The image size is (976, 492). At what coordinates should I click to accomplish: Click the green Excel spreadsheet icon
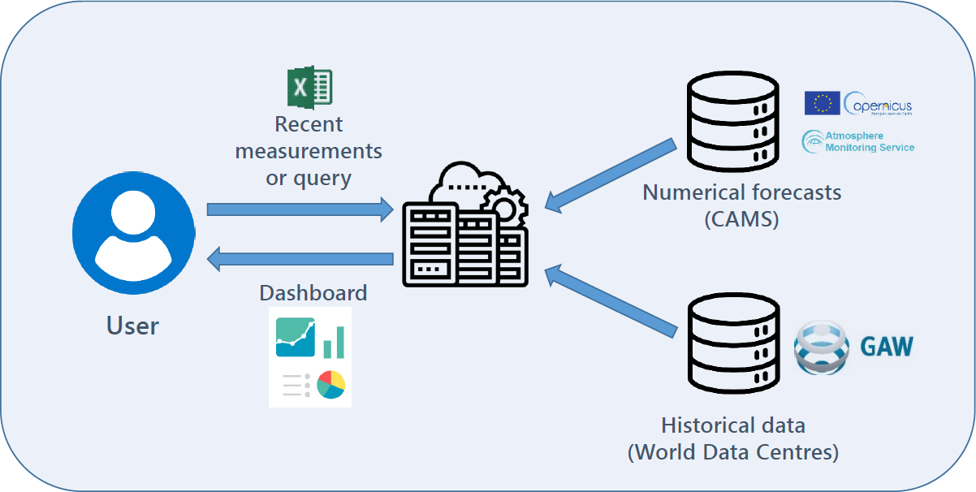[310, 86]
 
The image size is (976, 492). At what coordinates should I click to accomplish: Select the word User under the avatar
[132, 326]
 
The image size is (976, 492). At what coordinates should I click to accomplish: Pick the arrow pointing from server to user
[300, 260]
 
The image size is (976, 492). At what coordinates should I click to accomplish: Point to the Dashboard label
[313, 292]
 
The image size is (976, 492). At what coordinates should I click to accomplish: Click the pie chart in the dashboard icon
[331, 385]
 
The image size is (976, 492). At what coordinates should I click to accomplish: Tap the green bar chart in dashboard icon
[334, 342]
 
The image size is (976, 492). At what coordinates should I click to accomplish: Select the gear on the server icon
[504, 208]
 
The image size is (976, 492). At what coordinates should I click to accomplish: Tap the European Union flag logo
[822, 103]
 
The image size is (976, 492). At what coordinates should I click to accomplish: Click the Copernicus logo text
[879, 105]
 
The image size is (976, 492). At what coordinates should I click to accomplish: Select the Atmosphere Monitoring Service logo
[859, 141]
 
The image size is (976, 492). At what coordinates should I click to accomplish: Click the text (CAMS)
[741, 218]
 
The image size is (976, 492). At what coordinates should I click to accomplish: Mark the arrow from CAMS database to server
[611, 176]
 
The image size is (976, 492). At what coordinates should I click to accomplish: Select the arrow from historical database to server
[611, 300]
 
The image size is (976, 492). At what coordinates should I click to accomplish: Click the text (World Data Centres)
[732, 451]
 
